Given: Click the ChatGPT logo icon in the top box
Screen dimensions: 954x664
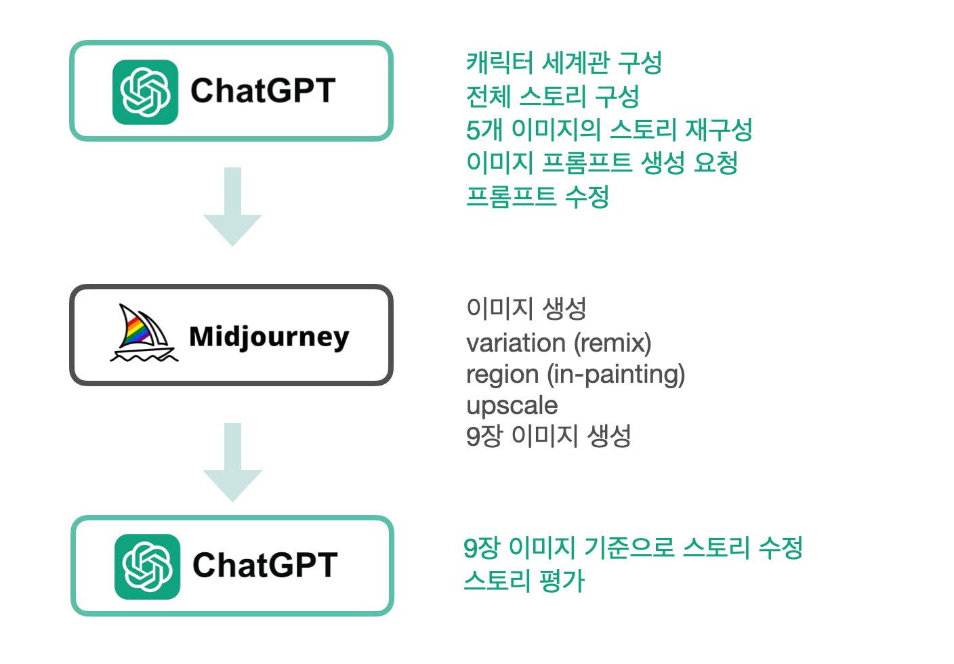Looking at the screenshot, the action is pyautogui.click(x=145, y=92).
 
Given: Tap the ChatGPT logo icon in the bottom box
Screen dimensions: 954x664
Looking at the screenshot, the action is pyautogui.click(x=147, y=566).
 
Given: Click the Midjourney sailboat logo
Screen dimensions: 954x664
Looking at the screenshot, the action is pyautogui.click(x=144, y=333).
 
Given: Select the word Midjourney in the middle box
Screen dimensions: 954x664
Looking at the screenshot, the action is pyautogui.click(x=269, y=337).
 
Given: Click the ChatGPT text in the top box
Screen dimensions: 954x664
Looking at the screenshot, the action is pyautogui.click(x=263, y=90).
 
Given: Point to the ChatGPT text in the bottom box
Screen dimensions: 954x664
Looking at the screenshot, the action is pyautogui.click(x=265, y=565).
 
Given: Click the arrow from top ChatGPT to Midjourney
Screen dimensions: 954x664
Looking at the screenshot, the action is pyautogui.click(x=232, y=207).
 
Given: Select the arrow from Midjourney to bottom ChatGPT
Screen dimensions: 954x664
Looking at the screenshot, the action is pyautogui.click(x=232, y=462).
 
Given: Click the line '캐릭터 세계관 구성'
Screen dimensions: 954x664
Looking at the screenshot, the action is pyautogui.click(x=564, y=62).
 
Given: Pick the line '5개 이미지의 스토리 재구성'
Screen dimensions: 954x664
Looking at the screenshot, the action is pyautogui.click(x=609, y=129).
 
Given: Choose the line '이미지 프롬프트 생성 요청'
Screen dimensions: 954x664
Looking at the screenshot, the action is pyautogui.click(x=602, y=163).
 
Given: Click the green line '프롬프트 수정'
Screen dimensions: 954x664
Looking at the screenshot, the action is pyautogui.click(x=537, y=196).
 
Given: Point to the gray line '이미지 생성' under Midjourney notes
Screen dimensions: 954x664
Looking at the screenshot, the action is pyautogui.click(x=526, y=308).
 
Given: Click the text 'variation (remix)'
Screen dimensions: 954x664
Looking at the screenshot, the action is pyautogui.click(x=559, y=344).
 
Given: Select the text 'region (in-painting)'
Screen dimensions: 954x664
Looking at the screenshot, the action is pyautogui.click(x=575, y=375).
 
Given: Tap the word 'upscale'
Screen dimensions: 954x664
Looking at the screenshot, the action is pyautogui.click(x=512, y=406).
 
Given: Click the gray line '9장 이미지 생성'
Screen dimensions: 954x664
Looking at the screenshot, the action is pyautogui.click(x=549, y=436).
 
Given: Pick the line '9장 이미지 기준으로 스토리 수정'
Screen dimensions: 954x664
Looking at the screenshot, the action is pyautogui.click(x=633, y=547).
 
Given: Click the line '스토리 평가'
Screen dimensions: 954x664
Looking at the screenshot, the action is pyautogui.click(x=524, y=581).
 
